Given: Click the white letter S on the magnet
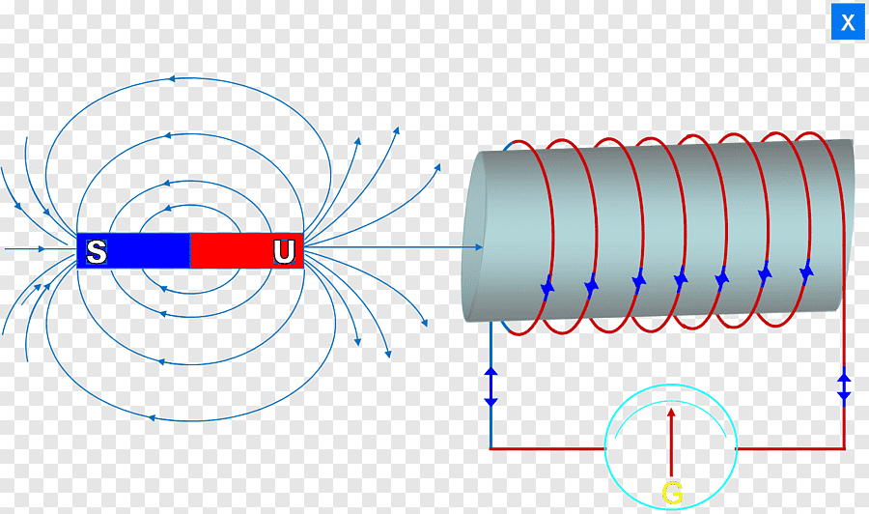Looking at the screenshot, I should click(97, 252).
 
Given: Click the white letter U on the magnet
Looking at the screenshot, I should click(284, 252).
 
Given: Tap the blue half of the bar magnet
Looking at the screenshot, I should click(145, 251).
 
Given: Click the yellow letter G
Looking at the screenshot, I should click(672, 494).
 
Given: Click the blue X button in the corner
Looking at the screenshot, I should click(848, 22).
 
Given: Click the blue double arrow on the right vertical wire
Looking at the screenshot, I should click(844, 386).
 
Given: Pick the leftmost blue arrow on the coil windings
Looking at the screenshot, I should click(547, 287).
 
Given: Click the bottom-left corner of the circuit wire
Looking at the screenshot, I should click(491, 448).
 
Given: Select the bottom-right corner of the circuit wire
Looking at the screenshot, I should click(844, 448).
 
